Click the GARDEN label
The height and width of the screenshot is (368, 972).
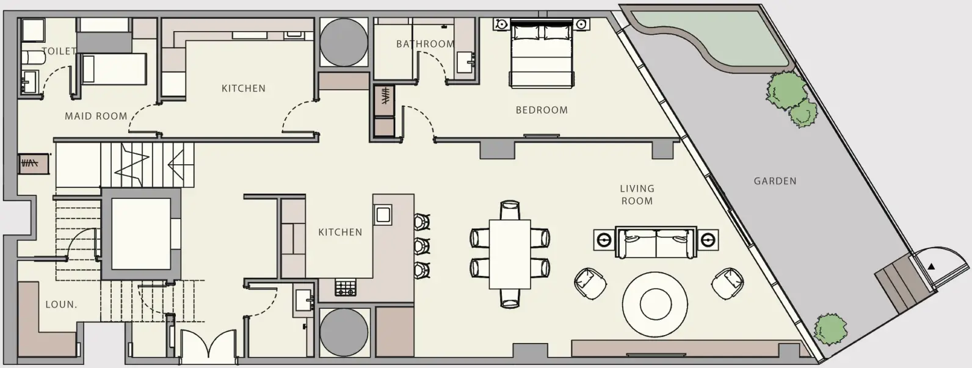tap(775, 181)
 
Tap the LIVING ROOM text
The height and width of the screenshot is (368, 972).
tap(637, 195)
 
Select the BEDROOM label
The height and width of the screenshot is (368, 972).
tap(542, 110)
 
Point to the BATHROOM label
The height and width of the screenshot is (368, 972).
tap(425, 44)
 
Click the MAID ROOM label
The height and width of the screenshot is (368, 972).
tap(96, 117)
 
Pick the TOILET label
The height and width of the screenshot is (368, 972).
tap(59, 51)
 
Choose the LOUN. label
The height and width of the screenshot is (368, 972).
tap(61, 305)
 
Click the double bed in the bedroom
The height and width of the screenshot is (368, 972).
tap(542, 53)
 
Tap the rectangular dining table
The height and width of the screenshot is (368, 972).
tap(510, 254)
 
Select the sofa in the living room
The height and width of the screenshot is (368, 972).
tap(656, 242)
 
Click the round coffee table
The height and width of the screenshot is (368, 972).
tap(655, 304)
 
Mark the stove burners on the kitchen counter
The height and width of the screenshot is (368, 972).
tap(346, 287)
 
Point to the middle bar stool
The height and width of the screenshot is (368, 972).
tap(422, 246)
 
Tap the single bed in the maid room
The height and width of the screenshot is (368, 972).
tap(114, 69)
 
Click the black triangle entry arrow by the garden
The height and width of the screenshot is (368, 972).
tap(931, 267)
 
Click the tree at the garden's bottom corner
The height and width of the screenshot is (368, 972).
tap(830, 330)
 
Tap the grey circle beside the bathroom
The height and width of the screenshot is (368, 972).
tap(344, 42)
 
